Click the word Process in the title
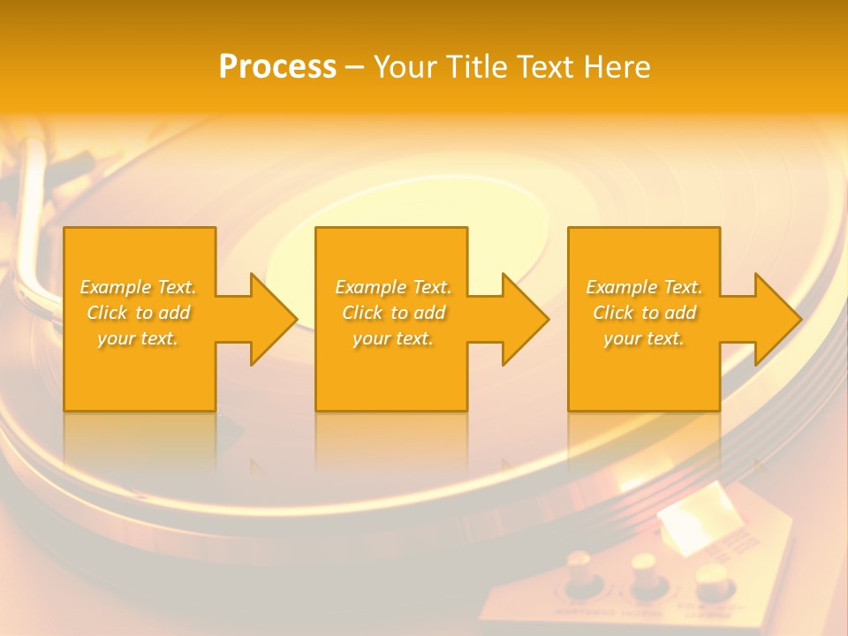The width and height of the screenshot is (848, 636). pos(277,67)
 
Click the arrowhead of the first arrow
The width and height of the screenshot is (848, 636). pos(273,319)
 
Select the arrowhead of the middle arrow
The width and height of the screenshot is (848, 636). pos(525,319)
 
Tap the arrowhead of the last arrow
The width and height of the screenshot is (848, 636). pos(776,319)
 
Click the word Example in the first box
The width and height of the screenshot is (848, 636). pos(115,287)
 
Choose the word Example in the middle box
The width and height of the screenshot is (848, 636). pos(370,287)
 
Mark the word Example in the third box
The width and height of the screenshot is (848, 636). pos(621,287)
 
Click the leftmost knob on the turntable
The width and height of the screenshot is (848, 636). pos(581,571)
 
